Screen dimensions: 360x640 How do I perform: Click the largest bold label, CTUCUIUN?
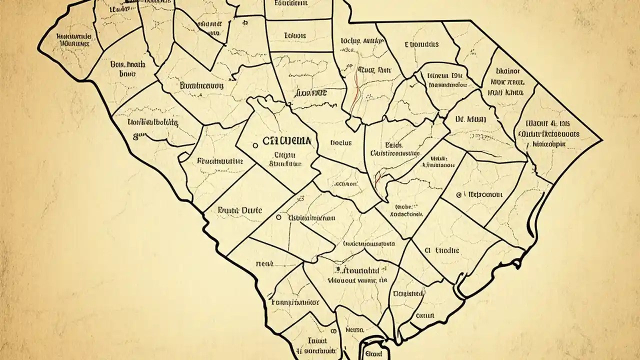click(x=287, y=141)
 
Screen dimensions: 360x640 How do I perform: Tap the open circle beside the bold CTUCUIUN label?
click(x=255, y=145)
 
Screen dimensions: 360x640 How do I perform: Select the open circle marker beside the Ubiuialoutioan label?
click(x=278, y=218)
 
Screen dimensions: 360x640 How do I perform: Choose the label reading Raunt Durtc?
click(x=240, y=210)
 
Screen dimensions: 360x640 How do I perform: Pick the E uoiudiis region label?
click(x=421, y=44)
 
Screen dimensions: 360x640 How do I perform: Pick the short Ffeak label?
click(x=264, y=262)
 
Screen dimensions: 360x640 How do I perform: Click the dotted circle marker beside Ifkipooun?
click(x=459, y=195)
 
